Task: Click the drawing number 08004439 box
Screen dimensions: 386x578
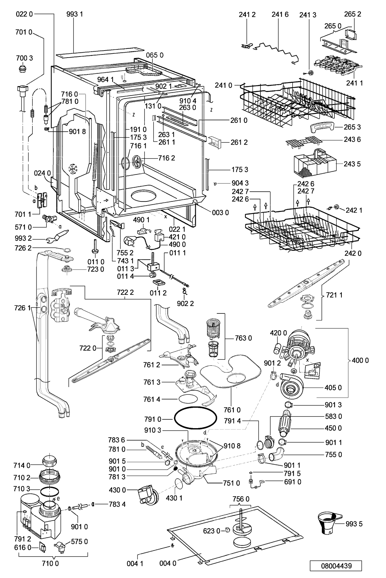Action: (336, 566)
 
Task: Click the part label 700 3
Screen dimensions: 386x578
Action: (25, 58)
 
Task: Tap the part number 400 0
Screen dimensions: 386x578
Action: (360, 360)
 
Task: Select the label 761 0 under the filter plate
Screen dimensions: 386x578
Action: (232, 410)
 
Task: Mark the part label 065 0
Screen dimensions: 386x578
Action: (154, 55)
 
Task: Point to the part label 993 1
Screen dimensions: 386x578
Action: (74, 14)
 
